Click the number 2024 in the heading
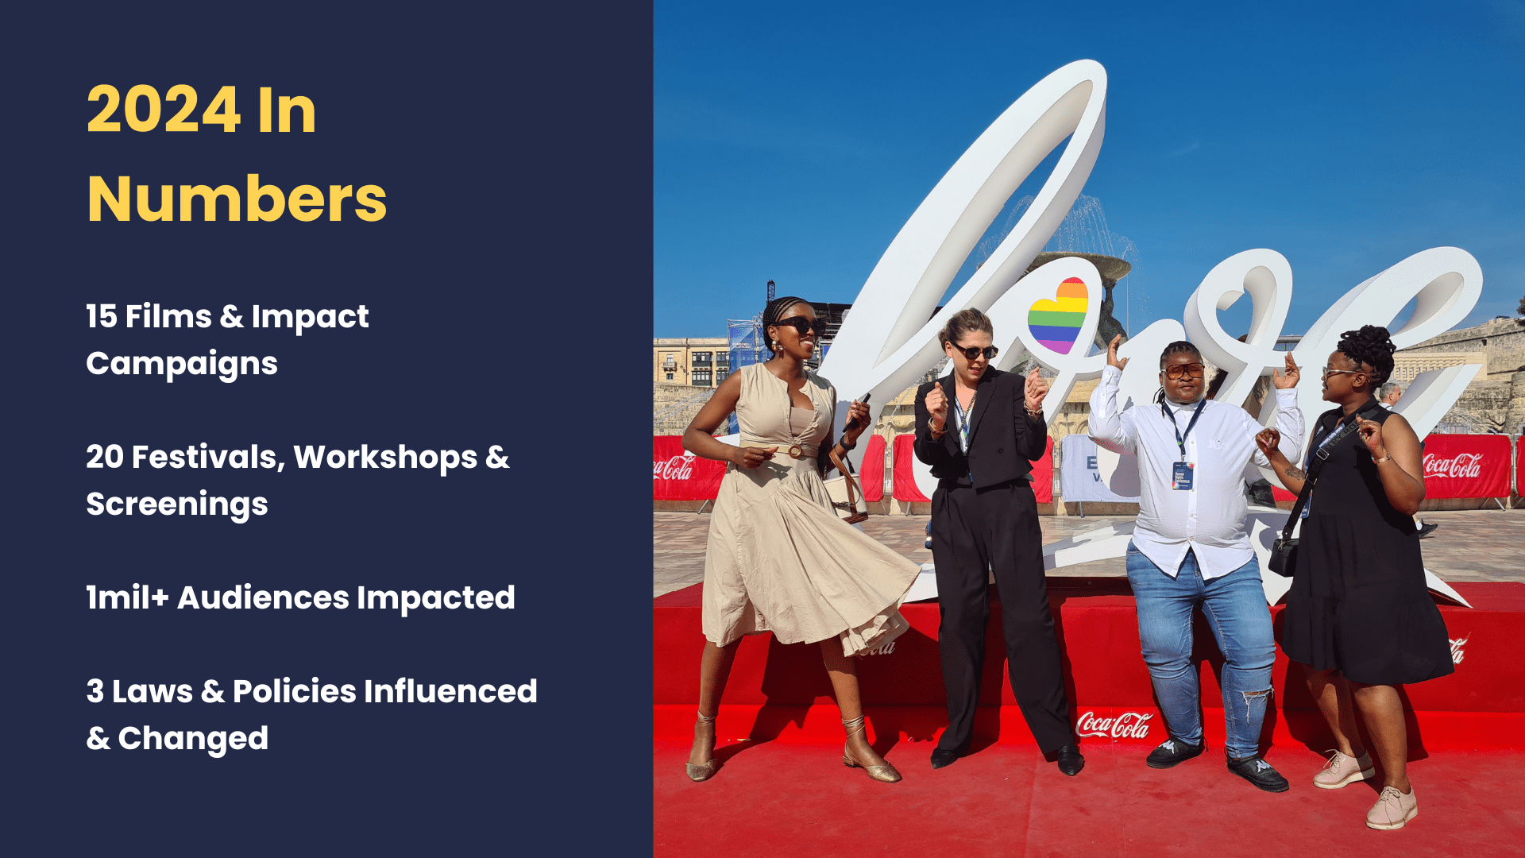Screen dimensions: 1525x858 pyautogui.click(x=164, y=110)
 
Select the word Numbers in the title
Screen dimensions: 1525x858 pyautogui.click(x=237, y=199)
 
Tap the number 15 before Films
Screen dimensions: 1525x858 pyautogui.click(x=102, y=316)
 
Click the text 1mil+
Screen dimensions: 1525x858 pyautogui.click(x=127, y=598)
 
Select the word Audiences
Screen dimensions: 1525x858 pyautogui.click(x=263, y=598)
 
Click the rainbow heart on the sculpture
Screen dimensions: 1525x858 pyautogui.click(x=1058, y=315)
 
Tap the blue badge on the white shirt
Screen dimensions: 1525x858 pyautogui.click(x=1183, y=475)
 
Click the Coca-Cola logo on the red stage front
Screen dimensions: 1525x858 pyautogui.click(x=1113, y=725)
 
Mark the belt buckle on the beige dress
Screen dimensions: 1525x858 pyautogui.click(x=794, y=451)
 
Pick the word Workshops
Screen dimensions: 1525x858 pyautogui.click(x=385, y=458)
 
